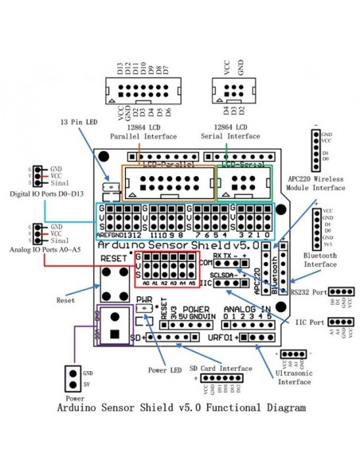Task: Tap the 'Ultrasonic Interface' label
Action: click(293, 376)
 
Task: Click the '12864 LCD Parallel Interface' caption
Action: click(143, 131)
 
